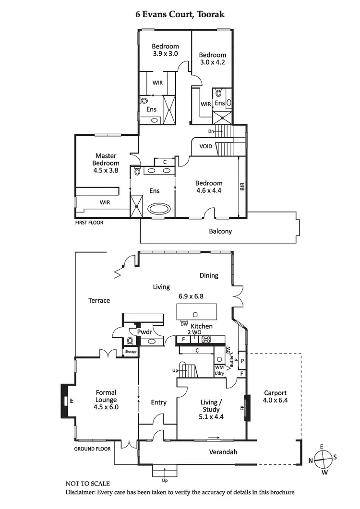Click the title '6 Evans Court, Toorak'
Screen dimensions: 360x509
click(x=180, y=15)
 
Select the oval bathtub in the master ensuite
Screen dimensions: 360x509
click(x=159, y=209)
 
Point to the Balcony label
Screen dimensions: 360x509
click(x=220, y=231)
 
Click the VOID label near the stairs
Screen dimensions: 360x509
click(x=205, y=146)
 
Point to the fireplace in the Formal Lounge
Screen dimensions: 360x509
click(x=64, y=400)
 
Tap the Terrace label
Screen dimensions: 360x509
click(x=99, y=300)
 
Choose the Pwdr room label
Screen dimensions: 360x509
click(x=144, y=331)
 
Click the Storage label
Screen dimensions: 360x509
click(x=131, y=352)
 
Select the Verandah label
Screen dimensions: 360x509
click(x=223, y=452)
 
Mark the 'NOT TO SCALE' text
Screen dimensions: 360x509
click(x=87, y=483)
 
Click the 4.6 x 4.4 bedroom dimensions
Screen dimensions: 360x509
click(x=209, y=190)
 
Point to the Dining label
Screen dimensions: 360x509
click(x=209, y=275)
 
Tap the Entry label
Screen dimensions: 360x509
click(x=158, y=402)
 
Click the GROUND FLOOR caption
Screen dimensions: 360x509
click(x=92, y=449)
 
